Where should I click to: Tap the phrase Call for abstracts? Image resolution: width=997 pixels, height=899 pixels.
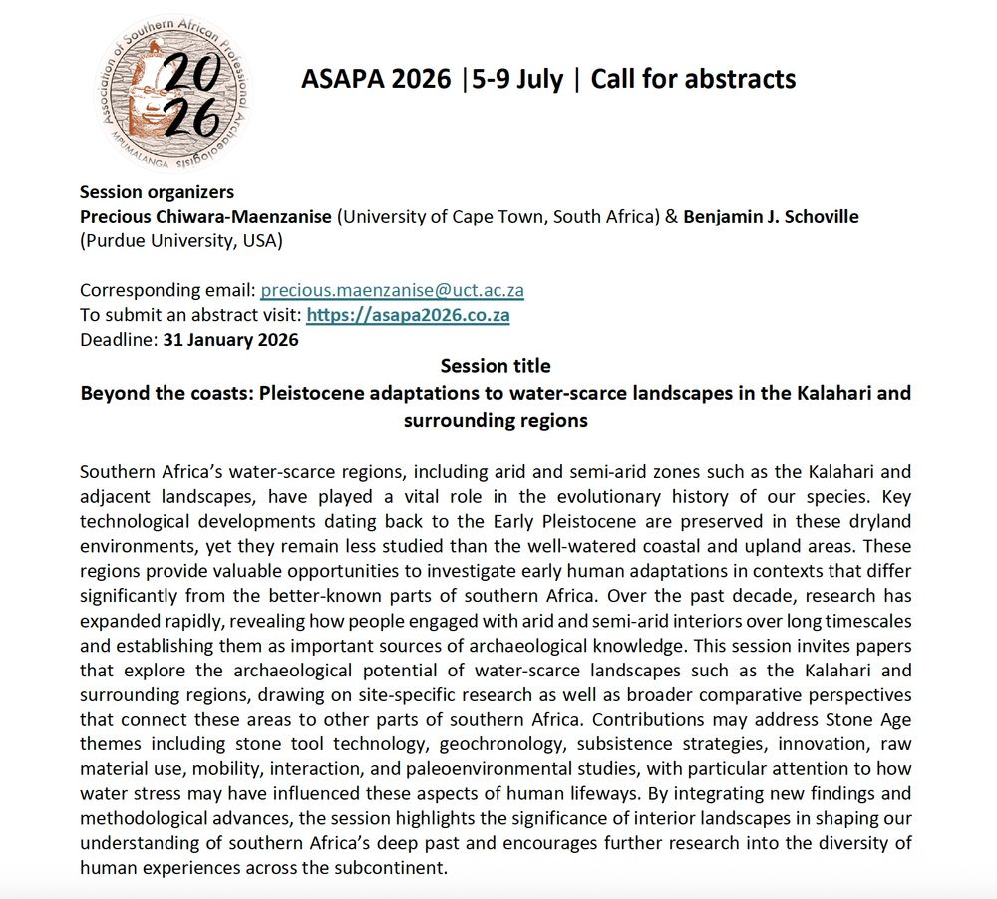tap(694, 80)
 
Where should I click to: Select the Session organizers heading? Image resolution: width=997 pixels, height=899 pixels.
tap(157, 192)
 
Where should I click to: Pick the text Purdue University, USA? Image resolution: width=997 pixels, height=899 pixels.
tap(181, 240)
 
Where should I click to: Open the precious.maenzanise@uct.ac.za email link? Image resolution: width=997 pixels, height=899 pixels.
tap(392, 291)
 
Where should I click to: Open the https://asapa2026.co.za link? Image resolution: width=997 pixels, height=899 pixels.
tap(408, 315)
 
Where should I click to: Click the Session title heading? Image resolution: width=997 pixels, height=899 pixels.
tap(496, 366)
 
